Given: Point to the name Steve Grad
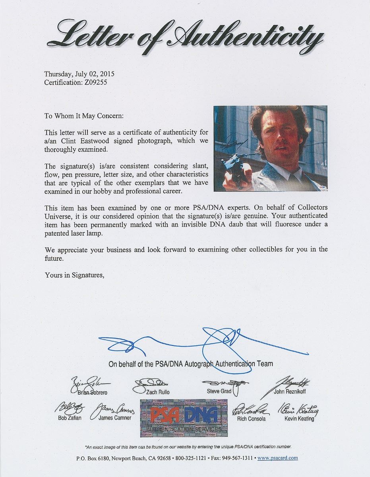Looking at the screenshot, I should [x=219, y=392].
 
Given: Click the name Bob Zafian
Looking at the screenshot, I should [x=69, y=418].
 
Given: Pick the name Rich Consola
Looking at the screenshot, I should [x=252, y=419].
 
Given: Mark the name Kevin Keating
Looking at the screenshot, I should [x=299, y=419].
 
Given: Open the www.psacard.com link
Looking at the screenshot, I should [x=277, y=458].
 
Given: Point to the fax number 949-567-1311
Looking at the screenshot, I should [x=237, y=458].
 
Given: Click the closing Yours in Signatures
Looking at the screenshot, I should [x=74, y=275].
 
